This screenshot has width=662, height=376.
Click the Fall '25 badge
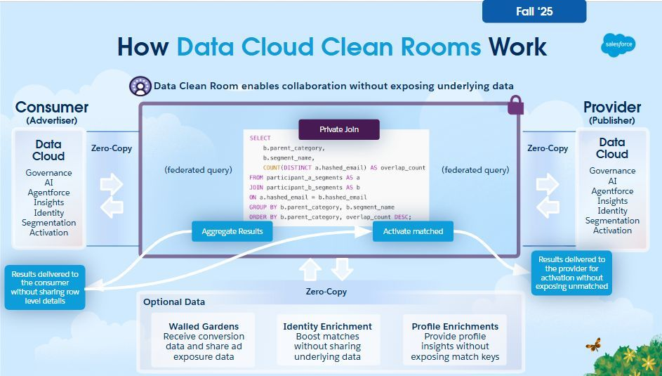coord(534,11)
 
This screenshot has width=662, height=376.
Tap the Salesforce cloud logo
coord(618,45)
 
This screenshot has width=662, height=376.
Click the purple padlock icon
coord(515,105)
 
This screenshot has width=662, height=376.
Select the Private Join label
coord(339,129)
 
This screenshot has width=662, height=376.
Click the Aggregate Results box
coord(232,231)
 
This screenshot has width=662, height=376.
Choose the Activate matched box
coord(413,231)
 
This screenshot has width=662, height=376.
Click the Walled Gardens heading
coord(204,326)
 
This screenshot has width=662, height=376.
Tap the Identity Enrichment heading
coord(327,326)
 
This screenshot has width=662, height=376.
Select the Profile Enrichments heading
coord(455,326)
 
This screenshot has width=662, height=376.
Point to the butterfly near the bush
coord(593,344)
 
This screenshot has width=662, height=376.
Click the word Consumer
coord(52,108)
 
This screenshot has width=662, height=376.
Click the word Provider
coord(612,108)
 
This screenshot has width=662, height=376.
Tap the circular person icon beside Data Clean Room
coord(140,86)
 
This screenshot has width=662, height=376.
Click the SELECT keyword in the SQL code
coord(260,138)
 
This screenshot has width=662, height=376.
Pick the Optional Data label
coord(174,302)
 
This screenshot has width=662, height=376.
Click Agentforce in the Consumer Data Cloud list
coord(49,193)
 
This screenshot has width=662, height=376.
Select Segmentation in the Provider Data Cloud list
coord(612,220)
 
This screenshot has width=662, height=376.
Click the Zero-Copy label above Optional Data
coord(326,291)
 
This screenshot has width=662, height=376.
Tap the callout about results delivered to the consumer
coord(45,287)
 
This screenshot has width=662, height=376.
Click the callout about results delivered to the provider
coord(571,273)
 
